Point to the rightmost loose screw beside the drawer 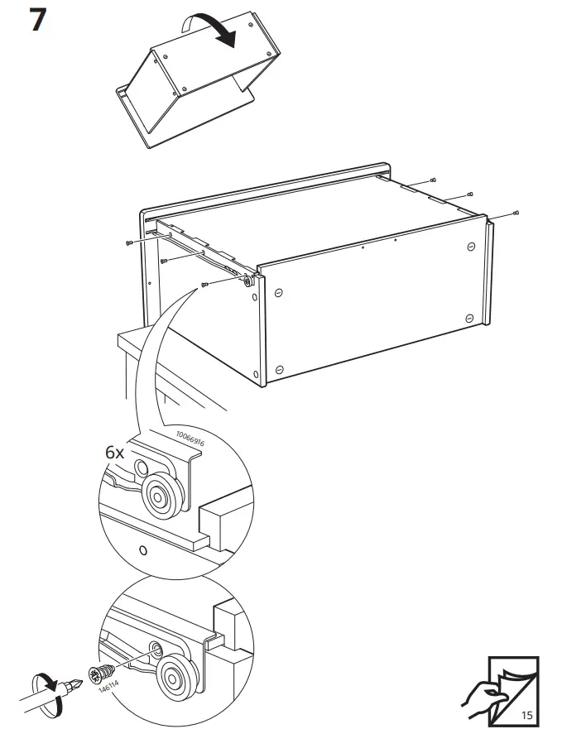pos(516,213)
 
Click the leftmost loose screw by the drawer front pos(129,243)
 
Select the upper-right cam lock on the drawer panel pos(471,246)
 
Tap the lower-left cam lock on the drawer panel pos(279,369)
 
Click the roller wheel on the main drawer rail pos(247,281)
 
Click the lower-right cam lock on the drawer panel pos(471,319)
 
